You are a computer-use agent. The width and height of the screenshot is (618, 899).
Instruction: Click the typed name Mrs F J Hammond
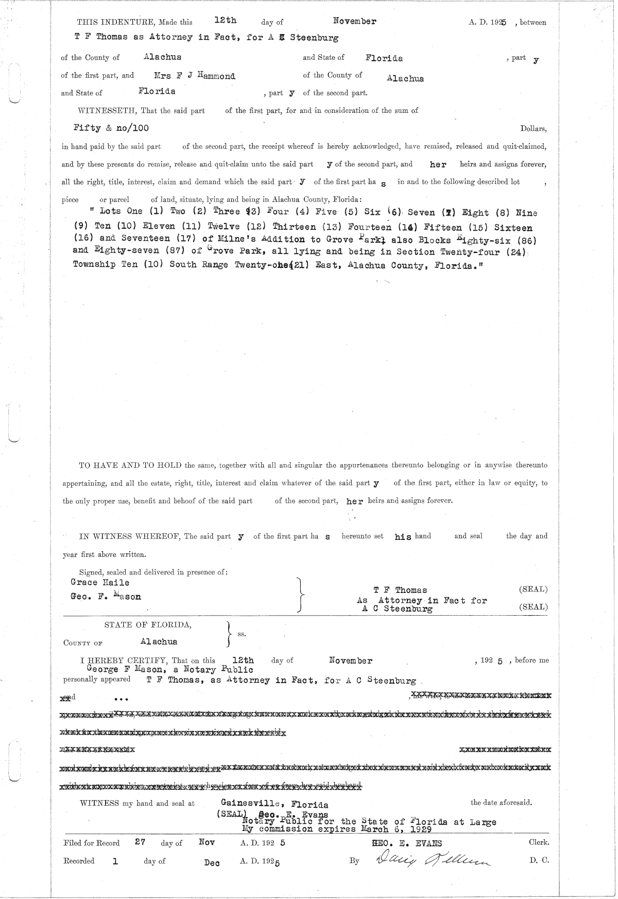click(195, 76)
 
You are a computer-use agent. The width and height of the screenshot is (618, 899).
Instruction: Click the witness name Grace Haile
click(100, 582)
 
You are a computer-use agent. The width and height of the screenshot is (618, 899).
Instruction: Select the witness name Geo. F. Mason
click(106, 597)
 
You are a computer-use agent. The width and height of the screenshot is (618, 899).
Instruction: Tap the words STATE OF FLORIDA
click(148, 624)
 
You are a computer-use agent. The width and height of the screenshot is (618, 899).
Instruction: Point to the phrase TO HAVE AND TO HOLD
click(130, 465)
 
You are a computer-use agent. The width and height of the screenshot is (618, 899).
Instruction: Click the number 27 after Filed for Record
click(139, 842)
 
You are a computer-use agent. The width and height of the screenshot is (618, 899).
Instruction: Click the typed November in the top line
click(354, 21)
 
